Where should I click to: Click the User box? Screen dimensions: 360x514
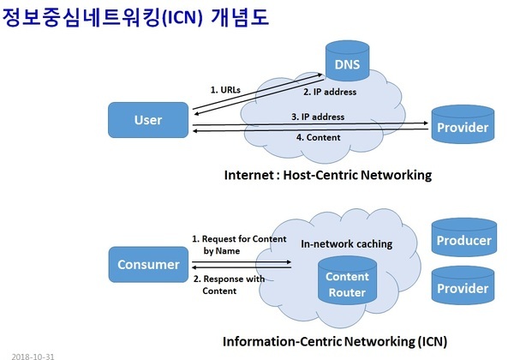(x=148, y=121)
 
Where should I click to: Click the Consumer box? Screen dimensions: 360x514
(x=148, y=264)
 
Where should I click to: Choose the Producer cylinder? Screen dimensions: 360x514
(x=463, y=240)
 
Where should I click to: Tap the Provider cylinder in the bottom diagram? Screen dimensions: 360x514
(x=463, y=288)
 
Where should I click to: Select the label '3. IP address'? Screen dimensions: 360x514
(x=318, y=117)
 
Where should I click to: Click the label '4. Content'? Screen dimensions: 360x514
(x=318, y=137)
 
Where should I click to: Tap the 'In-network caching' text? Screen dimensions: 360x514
(x=346, y=244)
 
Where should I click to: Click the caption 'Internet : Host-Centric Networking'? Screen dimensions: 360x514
(x=327, y=176)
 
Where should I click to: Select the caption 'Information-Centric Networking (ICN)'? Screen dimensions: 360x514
(x=335, y=340)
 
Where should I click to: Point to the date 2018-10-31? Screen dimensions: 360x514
(x=33, y=353)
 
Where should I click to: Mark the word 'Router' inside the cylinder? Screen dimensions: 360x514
(x=348, y=293)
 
